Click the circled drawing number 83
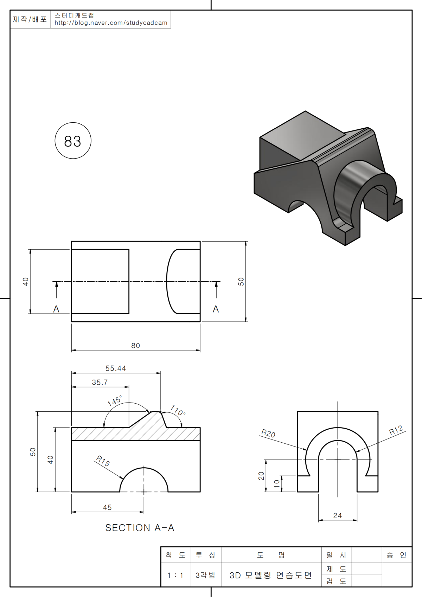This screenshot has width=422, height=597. pyautogui.click(x=73, y=141)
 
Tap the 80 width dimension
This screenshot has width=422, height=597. pyautogui.click(x=135, y=346)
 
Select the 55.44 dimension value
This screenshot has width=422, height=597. pyautogui.click(x=116, y=368)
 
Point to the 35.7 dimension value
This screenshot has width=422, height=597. pyautogui.click(x=100, y=383)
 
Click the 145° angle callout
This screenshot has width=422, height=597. pyautogui.click(x=115, y=400)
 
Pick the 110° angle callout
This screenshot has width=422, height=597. pyautogui.click(x=178, y=410)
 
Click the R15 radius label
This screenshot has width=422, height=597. pyautogui.click(x=103, y=461)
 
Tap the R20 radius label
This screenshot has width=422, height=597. pyautogui.click(x=268, y=433)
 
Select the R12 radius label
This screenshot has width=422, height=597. pyautogui.click(x=396, y=430)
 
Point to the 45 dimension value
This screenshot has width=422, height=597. pyautogui.click(x=107, y=507)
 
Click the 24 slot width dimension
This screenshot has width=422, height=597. pyautogui.click(x=338, y=516)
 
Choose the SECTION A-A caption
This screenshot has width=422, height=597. pyautogui.click(x=140, y=528)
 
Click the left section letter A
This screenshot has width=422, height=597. pyautogui.click(x=56, y=309)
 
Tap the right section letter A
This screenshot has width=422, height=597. pyautogui.click(x=216, y=309)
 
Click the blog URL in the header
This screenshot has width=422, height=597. pyautogui.click(x=111, y=23)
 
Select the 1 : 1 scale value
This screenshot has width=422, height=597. pyautogui.click(x=175, y=576)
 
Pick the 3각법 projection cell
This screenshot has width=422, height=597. pyautogui.click(x=205, y=575)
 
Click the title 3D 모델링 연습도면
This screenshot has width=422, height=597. pyautogui.click(x=270, y=575)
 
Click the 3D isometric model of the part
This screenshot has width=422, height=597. pyautogui.click(x=328, y=178)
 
